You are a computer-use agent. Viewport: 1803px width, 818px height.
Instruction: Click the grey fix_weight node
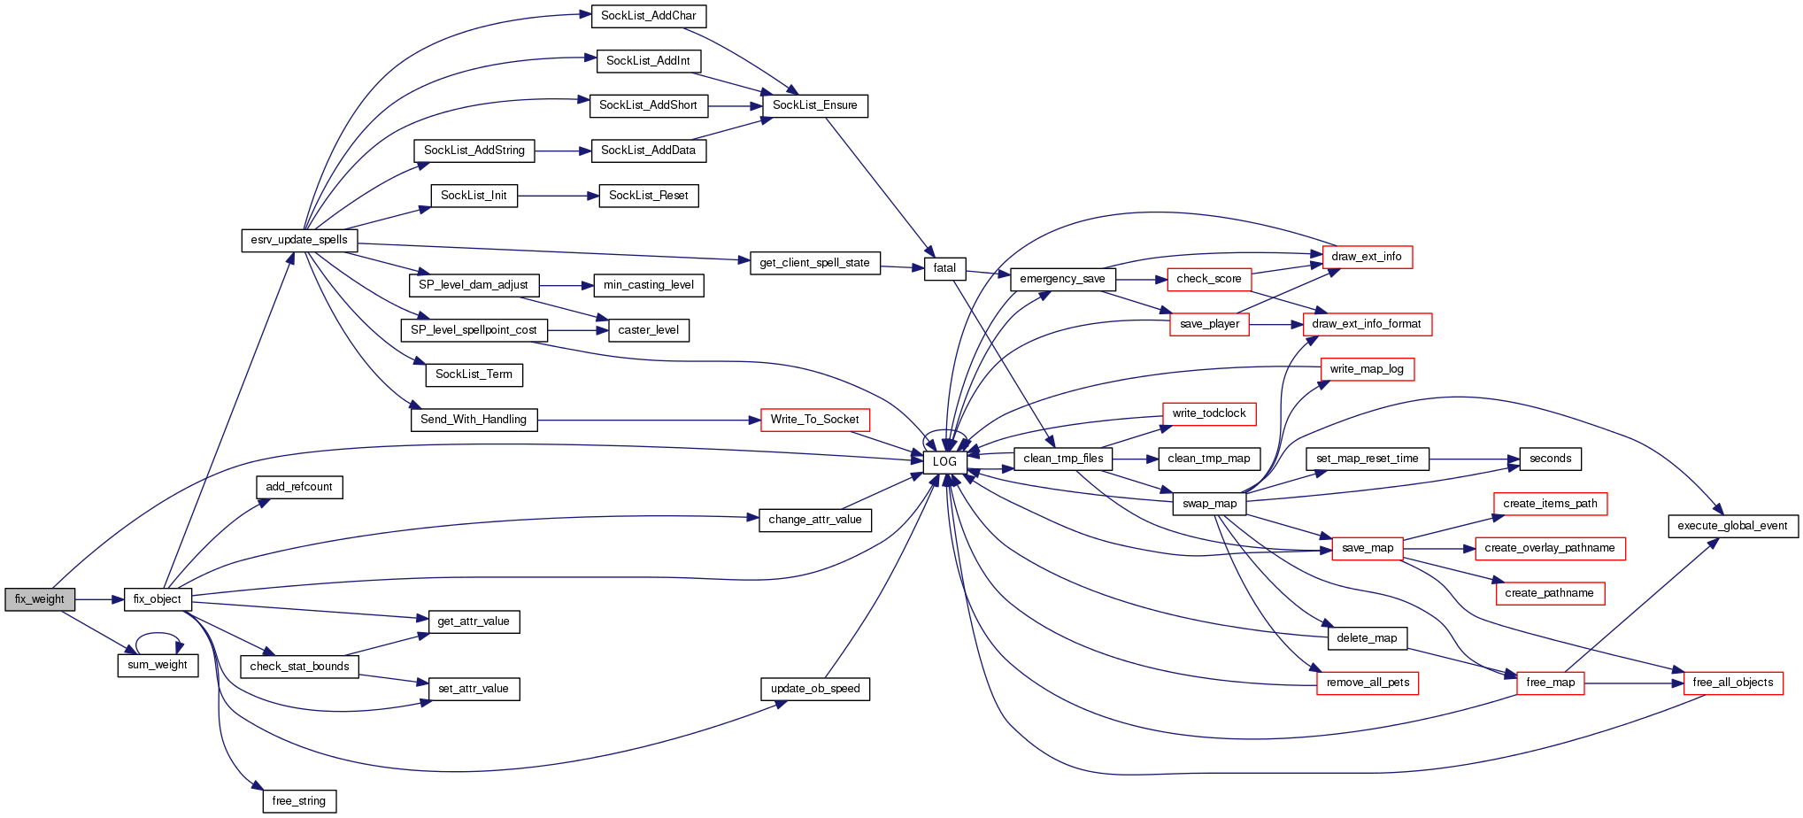coord(40,599)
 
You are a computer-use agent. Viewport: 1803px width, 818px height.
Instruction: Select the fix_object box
coord(158,599)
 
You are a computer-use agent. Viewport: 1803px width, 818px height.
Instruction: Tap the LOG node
coord(944,461)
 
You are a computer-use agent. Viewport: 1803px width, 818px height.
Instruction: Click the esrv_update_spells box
coord(299,240)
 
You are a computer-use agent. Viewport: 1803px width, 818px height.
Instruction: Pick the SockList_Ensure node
coord(814,105)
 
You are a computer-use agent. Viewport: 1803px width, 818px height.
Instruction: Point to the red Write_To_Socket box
coord(814,420)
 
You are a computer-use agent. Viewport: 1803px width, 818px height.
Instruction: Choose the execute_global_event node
coord(1732,526)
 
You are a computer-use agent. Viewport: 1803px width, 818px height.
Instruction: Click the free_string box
coord(299,801)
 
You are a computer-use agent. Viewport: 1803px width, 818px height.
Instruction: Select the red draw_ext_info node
coord(1367,257)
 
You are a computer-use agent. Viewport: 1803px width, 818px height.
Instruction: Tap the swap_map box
coord(1209,504)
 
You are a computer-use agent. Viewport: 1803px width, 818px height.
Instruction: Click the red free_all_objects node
coord(1732,683)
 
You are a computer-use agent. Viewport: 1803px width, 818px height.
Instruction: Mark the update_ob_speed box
coord(814,689)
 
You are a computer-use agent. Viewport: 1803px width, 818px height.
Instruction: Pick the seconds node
coord(1550,459)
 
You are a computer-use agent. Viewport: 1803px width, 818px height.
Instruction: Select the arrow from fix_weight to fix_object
coord(99,599)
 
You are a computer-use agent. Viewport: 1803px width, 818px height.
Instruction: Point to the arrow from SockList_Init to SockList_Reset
coord(558,196)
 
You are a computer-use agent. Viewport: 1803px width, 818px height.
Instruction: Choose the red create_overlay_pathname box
coord(1549,548)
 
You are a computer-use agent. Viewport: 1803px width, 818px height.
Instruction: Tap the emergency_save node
coord(1062,279)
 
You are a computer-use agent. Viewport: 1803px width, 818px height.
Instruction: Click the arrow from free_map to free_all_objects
coord(1633,683)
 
